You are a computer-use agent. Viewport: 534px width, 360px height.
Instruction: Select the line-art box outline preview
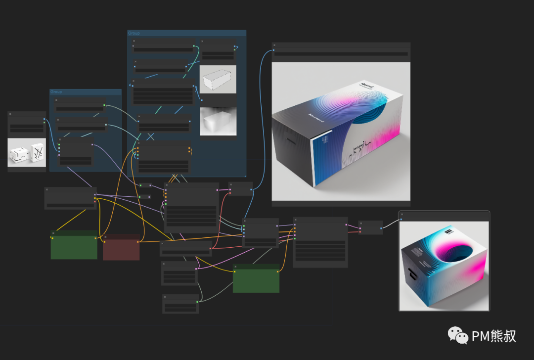[x=218, y=80]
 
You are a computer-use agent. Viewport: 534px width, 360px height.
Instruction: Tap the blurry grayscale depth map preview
[x=218, y=121]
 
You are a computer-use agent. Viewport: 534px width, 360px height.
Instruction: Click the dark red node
[x=121, y=248]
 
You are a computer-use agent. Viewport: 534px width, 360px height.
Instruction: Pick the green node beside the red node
[x=74, y=245]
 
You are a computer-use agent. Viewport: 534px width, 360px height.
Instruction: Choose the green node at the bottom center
[x=256, y=278]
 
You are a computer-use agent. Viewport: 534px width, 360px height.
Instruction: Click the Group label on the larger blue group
[x=134, y=33]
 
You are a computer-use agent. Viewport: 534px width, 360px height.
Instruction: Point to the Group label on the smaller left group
[x=56, y=92]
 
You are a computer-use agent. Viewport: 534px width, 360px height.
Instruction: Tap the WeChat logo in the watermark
[x=458, y=336]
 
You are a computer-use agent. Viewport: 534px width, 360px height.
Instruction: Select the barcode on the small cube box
[x=448, y=231]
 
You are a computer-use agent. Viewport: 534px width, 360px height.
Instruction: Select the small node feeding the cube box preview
[x=370, y=227]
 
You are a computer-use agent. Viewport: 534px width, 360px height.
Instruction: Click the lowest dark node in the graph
[x=180, y=304]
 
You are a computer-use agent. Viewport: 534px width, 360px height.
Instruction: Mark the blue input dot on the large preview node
[x=273, y=50]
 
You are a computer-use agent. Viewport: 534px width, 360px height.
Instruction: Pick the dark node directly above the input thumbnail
[x=27, y=122]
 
